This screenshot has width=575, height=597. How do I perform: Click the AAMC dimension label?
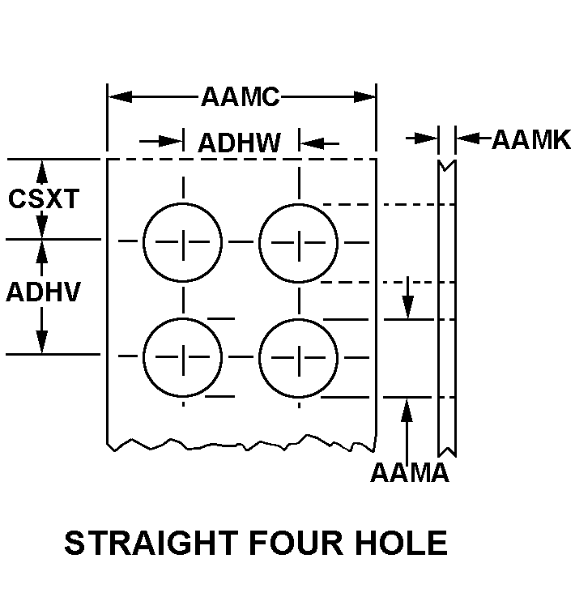coord(241,98)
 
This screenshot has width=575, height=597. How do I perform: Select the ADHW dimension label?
coord(240,143)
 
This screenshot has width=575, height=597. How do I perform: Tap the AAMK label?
coord(531,139)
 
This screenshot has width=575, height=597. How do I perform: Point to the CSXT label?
coord(45,199)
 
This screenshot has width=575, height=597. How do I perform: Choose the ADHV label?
coord(44,292)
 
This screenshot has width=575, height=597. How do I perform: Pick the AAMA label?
coord(409,473)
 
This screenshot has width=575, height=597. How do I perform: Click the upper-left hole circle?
coord(182,241)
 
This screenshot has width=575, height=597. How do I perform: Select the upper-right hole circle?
coord(299,241)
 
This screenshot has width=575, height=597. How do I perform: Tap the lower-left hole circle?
coord(182,356)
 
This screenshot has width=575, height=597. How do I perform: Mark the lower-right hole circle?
coord(299,356)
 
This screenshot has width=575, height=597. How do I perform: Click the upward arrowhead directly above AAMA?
coord(407,409)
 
